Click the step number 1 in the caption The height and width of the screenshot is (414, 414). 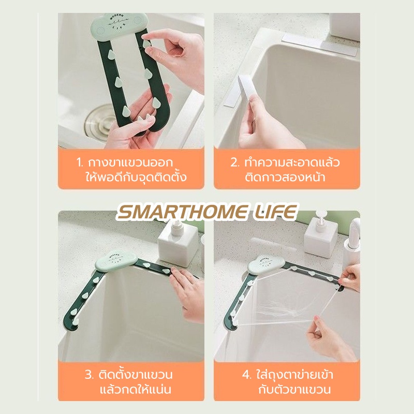80,162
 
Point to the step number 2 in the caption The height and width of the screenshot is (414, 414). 235,162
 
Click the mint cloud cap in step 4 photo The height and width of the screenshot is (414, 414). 266,264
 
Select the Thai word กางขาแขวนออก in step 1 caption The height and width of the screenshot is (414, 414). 130,162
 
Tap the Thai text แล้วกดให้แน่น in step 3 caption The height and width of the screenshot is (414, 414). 136,390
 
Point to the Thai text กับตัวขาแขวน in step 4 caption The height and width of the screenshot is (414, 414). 294,390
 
